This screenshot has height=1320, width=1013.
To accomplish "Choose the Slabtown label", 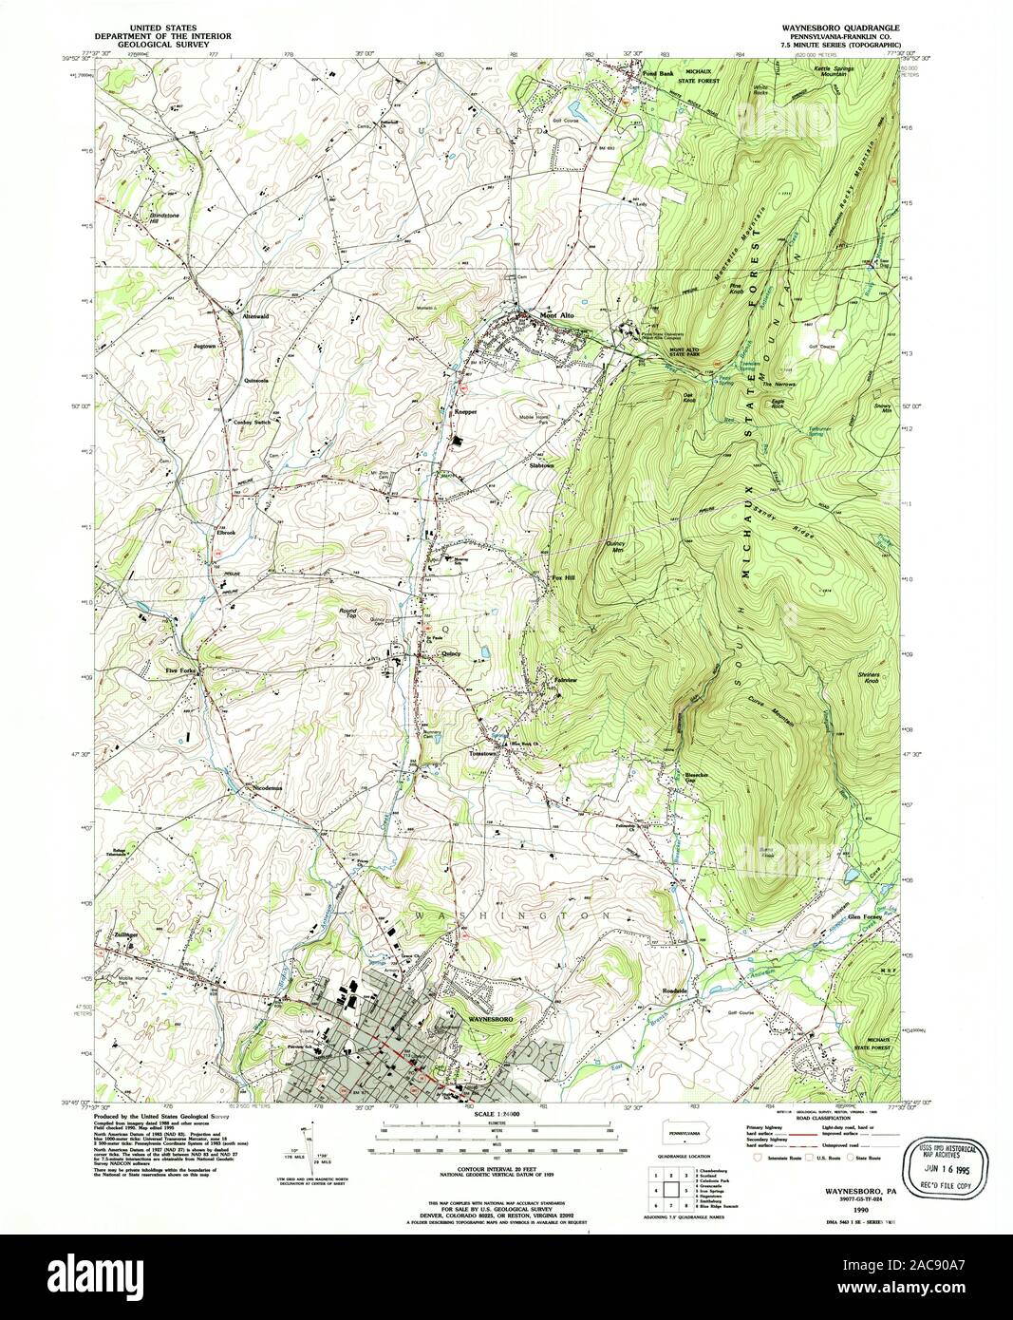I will click(x=540, y=465).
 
